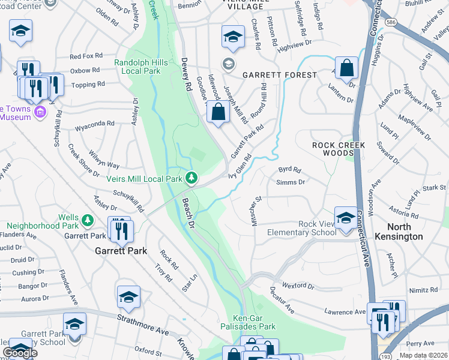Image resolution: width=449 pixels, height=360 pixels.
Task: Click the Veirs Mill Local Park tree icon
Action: [x=191, y=178]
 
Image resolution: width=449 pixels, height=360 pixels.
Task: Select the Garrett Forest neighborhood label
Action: [x=279, y=75]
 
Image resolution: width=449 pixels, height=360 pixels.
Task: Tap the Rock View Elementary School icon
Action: [x=346, y=220]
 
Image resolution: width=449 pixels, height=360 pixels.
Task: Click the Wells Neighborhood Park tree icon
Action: [x=88, y=220]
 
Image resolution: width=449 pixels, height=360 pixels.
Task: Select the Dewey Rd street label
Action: [x=186, y=74]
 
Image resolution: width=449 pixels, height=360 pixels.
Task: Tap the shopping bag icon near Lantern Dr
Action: [x=347, y=69]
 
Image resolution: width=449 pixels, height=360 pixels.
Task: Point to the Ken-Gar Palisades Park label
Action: [x=254, y=322]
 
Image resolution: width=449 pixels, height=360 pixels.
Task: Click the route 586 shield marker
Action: [x=391, y=20]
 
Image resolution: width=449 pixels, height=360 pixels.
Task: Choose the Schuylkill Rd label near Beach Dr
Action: [x=129, y=201]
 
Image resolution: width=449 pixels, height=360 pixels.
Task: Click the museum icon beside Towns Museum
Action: [x=41, y=112]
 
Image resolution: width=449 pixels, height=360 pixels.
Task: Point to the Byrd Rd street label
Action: [x=289, y=170]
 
